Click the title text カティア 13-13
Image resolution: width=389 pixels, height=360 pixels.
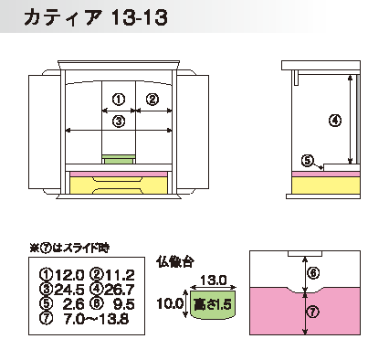click(x=96, y=17)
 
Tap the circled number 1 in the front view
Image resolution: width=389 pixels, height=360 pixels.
click(x=119, y=100)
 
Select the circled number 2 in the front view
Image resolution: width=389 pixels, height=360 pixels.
click(x=152, y=100)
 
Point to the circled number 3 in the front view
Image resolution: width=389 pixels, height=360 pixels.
click(x=119, y=122)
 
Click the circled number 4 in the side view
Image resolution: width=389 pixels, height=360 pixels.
click(x=335, y=121)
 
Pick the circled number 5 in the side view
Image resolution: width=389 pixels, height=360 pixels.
click(x=308, y=160)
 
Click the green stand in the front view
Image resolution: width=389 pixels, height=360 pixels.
click(x=119, y=159)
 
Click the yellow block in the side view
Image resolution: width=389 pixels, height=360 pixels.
click(x=326, y=185)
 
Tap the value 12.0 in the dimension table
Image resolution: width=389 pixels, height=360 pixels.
click(x=69, y=275)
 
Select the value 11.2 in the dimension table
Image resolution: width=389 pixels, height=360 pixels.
click(x=120, y=275)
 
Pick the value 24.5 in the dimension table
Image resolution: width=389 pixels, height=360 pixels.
click(x=69, y=290)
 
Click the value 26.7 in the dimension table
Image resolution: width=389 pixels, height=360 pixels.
click(x=119, y=290)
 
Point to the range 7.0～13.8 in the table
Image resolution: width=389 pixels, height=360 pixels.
click(x=96, y=319)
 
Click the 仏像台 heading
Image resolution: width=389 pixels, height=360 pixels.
click(x=175, y=261)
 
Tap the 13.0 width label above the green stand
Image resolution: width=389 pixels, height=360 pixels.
click(x=214, y=280)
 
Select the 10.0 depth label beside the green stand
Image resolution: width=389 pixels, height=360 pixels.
click(x=170, y=303)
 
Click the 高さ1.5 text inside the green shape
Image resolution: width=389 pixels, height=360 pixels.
click(x=213, y=304)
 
